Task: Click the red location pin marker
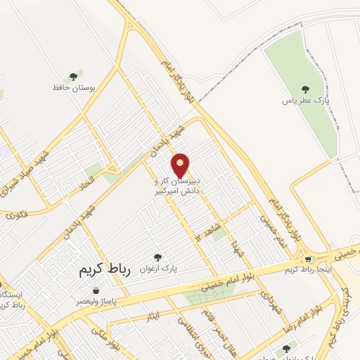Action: coord(181,165)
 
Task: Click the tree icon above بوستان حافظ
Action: coord(73,77)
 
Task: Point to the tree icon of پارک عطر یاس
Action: coord(304,89)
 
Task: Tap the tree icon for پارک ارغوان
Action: coord(157,258)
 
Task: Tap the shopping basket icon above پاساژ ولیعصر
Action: coord(96,290)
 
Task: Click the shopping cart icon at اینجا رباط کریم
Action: coord(308,259)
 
